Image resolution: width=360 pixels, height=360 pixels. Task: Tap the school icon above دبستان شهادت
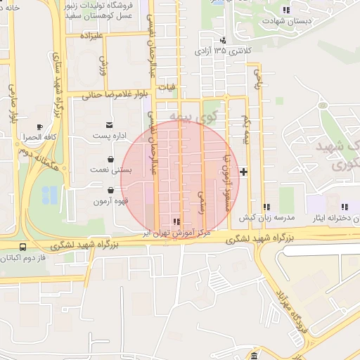(285, 10)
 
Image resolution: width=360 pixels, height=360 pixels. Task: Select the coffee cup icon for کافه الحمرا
(39, 126)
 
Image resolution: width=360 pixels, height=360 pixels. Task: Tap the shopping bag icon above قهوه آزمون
(111, 190)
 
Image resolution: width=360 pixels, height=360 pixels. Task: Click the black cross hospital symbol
(243, 172)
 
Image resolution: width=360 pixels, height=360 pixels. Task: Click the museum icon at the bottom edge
(253, 356)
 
